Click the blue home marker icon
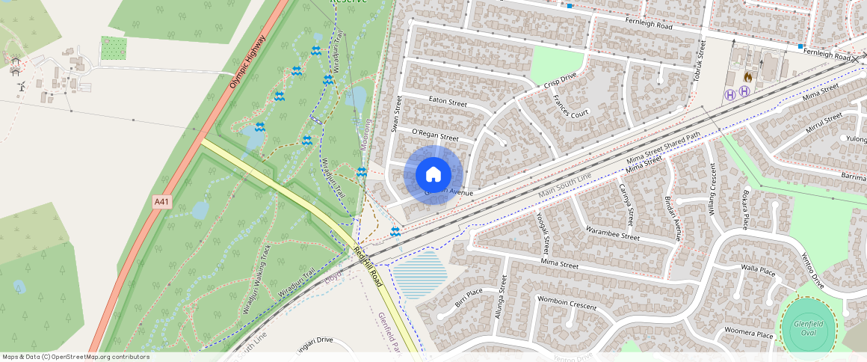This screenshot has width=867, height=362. (x=433, y=175)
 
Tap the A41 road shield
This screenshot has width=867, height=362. (x=162, y=201)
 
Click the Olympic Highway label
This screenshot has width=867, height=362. (x=247, y=62)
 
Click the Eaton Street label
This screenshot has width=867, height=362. (x=448, y=102)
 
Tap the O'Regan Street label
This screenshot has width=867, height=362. (x=435, y=135)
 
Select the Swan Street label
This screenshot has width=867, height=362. (x=397, y=114)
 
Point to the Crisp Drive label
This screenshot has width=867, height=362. (x=561, y=81)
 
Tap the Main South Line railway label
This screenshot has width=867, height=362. (x=564, y=186)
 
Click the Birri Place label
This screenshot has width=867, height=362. (x=469, y=298)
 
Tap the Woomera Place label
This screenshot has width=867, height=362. (x=743, y=334)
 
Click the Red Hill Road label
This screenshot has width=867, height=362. (x=368, y=267)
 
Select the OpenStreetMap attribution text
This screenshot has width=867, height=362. (x=75, y=357)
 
